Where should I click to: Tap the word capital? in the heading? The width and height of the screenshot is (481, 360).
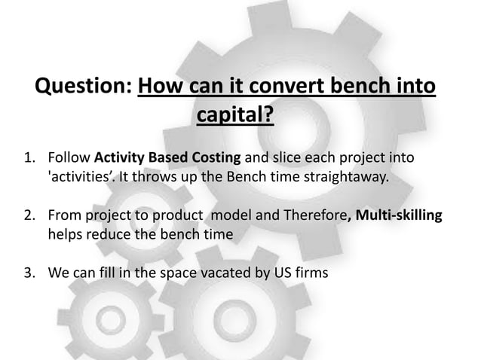(x=234, y=116)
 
